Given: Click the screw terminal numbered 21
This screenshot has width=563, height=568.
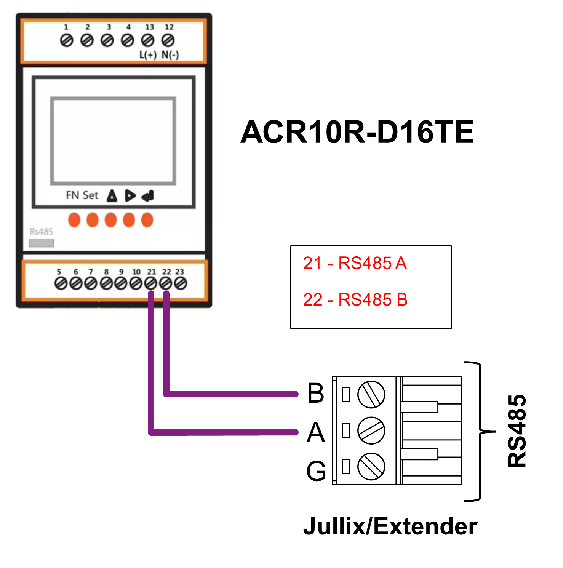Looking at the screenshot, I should click(151, 283).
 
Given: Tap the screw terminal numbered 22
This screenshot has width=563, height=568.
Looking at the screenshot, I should click(166, 283).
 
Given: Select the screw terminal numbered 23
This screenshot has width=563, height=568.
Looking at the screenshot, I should click(180, 283).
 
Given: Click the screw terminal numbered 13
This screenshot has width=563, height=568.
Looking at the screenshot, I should click(148, 40).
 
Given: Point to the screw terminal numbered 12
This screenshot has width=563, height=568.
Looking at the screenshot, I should click(168, 40).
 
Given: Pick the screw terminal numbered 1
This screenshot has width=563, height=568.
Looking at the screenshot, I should click(67, 40).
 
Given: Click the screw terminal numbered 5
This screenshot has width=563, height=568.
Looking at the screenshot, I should click(61, 283).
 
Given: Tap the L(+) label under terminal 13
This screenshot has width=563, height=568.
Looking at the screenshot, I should click(148, 55).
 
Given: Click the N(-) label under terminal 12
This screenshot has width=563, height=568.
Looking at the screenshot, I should click(170, 55).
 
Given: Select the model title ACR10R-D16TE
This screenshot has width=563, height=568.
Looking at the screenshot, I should click(357, 132).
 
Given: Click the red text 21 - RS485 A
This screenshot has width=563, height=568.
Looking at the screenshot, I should click(355, 263).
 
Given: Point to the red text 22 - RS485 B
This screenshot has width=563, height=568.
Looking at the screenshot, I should click(355, 300).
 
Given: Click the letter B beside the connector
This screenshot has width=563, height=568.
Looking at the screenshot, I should click(316, 393).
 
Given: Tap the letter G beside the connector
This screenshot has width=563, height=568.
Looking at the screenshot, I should click(316, 471).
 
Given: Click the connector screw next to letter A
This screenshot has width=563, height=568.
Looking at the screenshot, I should click(371, 430).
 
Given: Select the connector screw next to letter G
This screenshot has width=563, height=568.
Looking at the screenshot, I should click(371, 466).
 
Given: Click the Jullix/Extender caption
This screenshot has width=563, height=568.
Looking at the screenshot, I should click(390, 526).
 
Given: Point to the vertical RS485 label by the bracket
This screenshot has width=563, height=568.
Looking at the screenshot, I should click(517, 431).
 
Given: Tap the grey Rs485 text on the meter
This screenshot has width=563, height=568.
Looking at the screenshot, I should click(41, 232).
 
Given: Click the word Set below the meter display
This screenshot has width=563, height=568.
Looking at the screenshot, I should click(90, 195).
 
